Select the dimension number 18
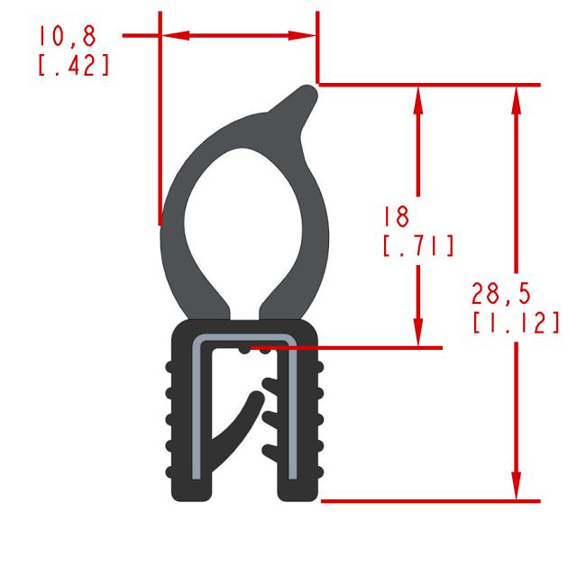click(x=395, y=216)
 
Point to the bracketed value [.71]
click(x=417, y=246)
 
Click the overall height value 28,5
click(x=501, y=293)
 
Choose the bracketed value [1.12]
click(x=515, y=323)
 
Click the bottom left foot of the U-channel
click(x=191, y=489)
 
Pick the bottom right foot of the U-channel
click(x=297, y=489)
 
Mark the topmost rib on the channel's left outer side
click(x=169, y=368)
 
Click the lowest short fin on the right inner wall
click(x=269, y=450)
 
